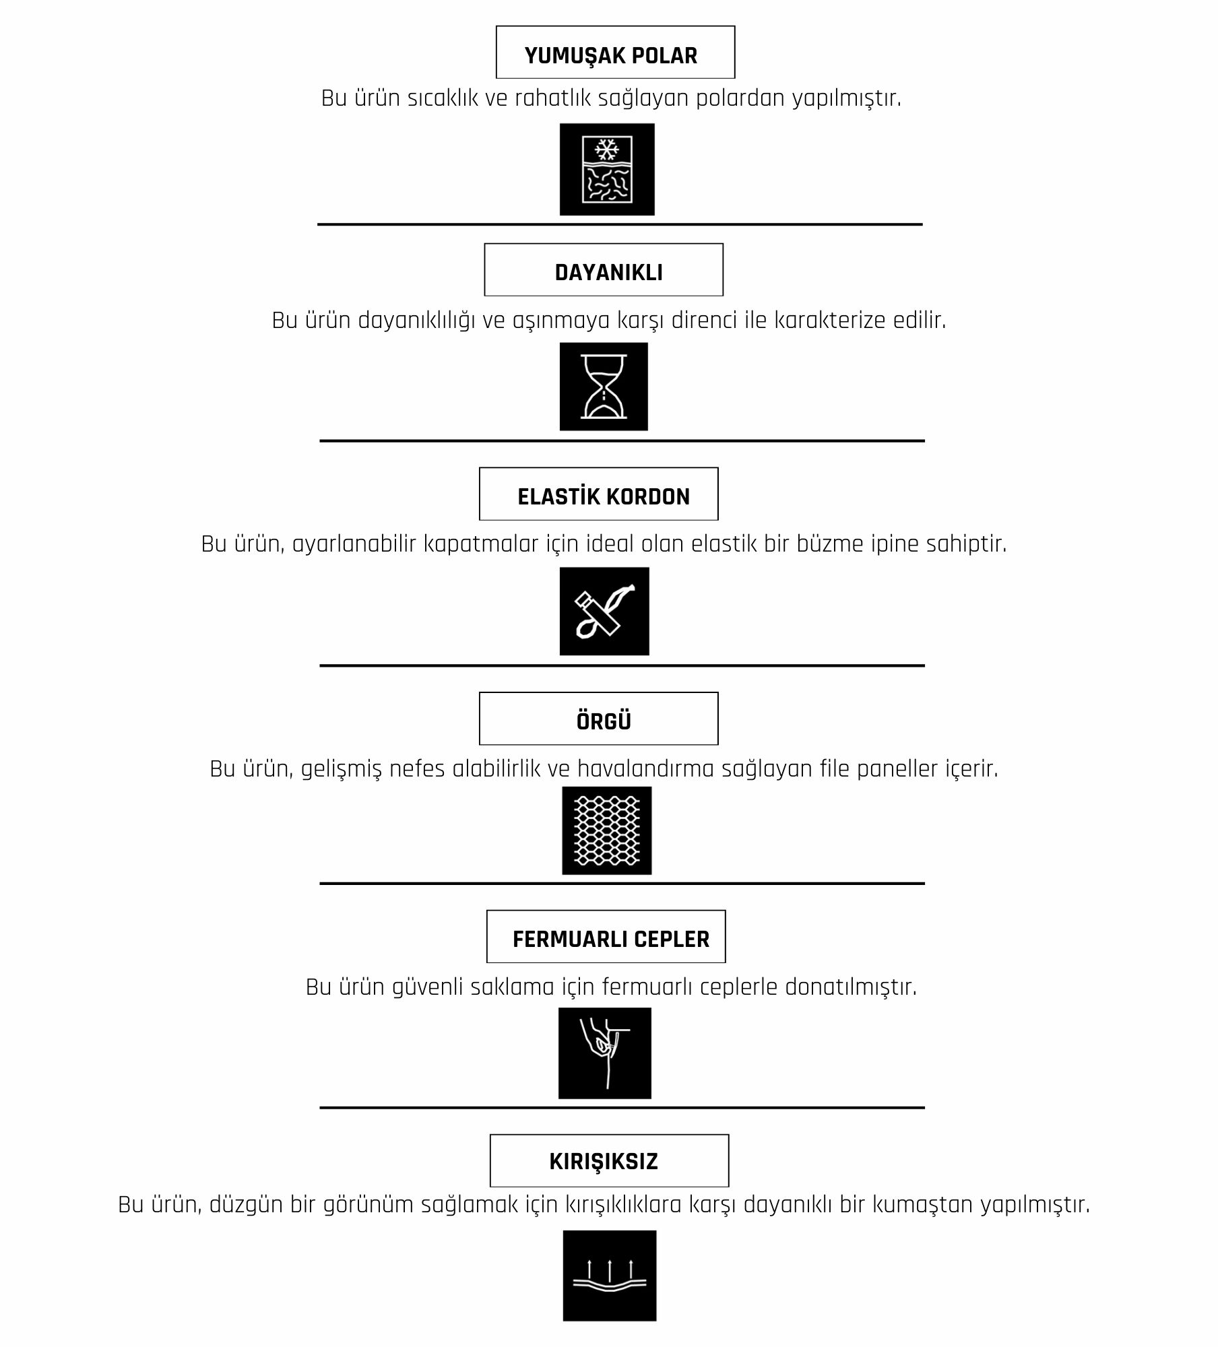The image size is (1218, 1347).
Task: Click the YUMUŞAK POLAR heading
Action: coord(611,55)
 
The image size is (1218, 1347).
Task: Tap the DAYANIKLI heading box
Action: coord(604,269)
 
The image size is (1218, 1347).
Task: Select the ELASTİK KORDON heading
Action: coord(604,496)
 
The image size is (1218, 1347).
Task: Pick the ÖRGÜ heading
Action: coord(604,721)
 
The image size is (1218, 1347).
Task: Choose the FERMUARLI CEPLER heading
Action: coord(611,939)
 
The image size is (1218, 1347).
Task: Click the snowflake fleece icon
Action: coord(607,169)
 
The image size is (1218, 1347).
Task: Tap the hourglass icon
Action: coord(604,387)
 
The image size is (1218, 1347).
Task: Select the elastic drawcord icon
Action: coord(604,611)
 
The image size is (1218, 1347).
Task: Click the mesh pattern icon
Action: coord(607,830)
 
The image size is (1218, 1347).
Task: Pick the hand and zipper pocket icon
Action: coord(605,1053)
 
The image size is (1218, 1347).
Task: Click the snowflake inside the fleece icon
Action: coord(607,150)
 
